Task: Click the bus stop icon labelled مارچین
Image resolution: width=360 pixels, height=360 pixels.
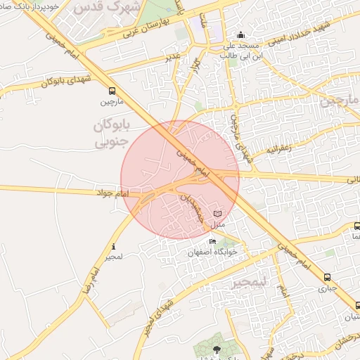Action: click(x=112, y=91)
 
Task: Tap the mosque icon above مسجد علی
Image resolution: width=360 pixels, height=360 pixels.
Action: click(x=241, y=34)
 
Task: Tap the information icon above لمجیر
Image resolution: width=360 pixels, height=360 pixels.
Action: click(x=114, y=247)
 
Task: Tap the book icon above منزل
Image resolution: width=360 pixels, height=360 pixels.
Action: click(x=217, y=213)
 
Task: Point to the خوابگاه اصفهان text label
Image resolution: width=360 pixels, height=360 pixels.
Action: click(x=213, y=252)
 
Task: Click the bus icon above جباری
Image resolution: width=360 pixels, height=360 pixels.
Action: click(x=328, y=278)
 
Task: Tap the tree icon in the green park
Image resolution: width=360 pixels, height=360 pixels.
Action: click(x=215, y=348)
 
